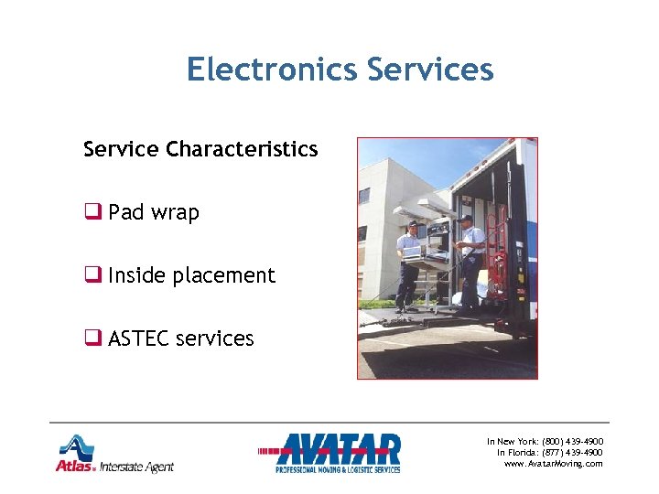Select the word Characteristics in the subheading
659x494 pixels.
point(242,148)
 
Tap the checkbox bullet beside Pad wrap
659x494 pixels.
point(92,212)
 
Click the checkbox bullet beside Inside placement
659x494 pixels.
point(92,275)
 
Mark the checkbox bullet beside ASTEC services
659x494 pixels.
point(92,338)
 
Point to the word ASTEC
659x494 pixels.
point(138,338)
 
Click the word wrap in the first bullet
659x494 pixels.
point(175,212)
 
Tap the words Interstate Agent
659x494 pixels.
point(136,467)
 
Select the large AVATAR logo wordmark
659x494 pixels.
point(339,449)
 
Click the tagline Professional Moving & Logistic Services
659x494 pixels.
point(338,469)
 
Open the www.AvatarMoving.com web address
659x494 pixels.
point(554,464)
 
